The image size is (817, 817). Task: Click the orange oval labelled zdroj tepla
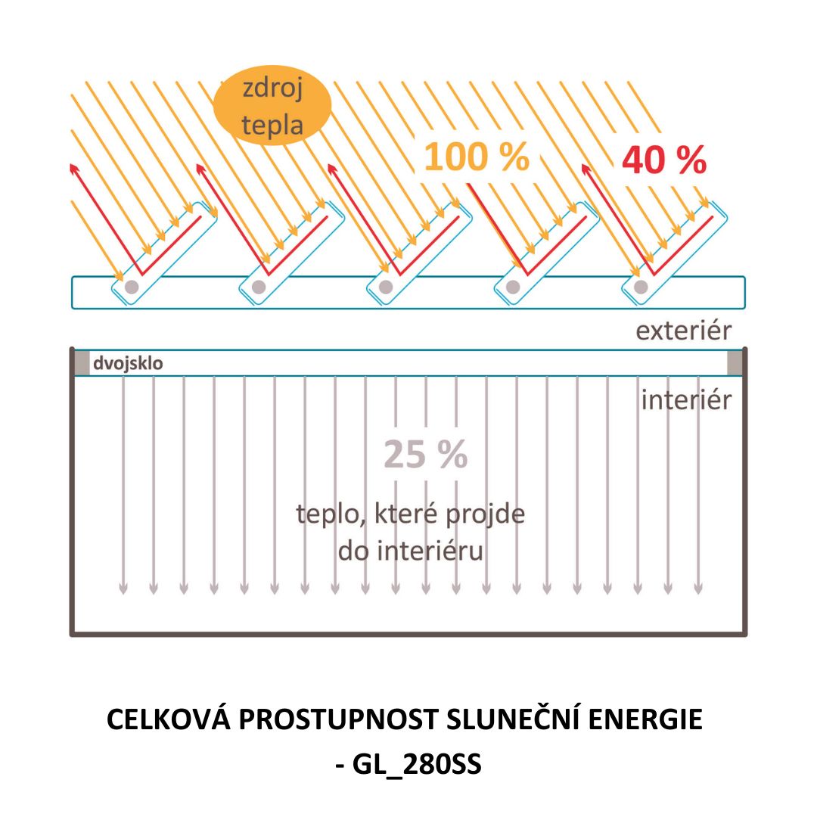point(272,107)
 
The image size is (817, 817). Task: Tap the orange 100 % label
point(476,157)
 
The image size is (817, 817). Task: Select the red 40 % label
point(664,160)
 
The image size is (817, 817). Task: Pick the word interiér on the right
point(686,399)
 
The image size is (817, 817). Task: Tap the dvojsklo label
point(128,363)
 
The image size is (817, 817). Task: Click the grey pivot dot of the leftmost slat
point(131,287)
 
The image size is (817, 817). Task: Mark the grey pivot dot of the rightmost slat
point(641,287)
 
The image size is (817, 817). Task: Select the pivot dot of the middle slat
point(386,287)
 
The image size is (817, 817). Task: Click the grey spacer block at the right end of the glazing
point(735,363)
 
